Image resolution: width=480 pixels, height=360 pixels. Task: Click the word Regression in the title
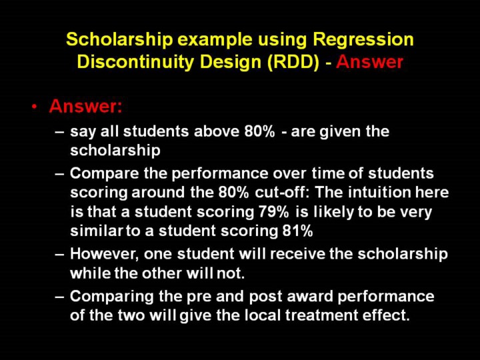tap(363, 40)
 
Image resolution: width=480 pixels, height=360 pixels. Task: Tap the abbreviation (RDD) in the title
tap(293, 62)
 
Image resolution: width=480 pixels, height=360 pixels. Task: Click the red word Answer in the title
tap(369, 62)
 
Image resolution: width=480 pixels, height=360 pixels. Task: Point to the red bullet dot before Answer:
tap(35, 107)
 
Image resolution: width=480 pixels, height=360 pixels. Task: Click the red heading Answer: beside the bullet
tap(85, 106)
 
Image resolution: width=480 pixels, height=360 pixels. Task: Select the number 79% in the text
tap(273, 211)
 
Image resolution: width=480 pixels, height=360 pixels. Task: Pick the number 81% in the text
tap(297, 231)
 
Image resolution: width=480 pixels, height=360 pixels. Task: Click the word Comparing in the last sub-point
tap(111, 297)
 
